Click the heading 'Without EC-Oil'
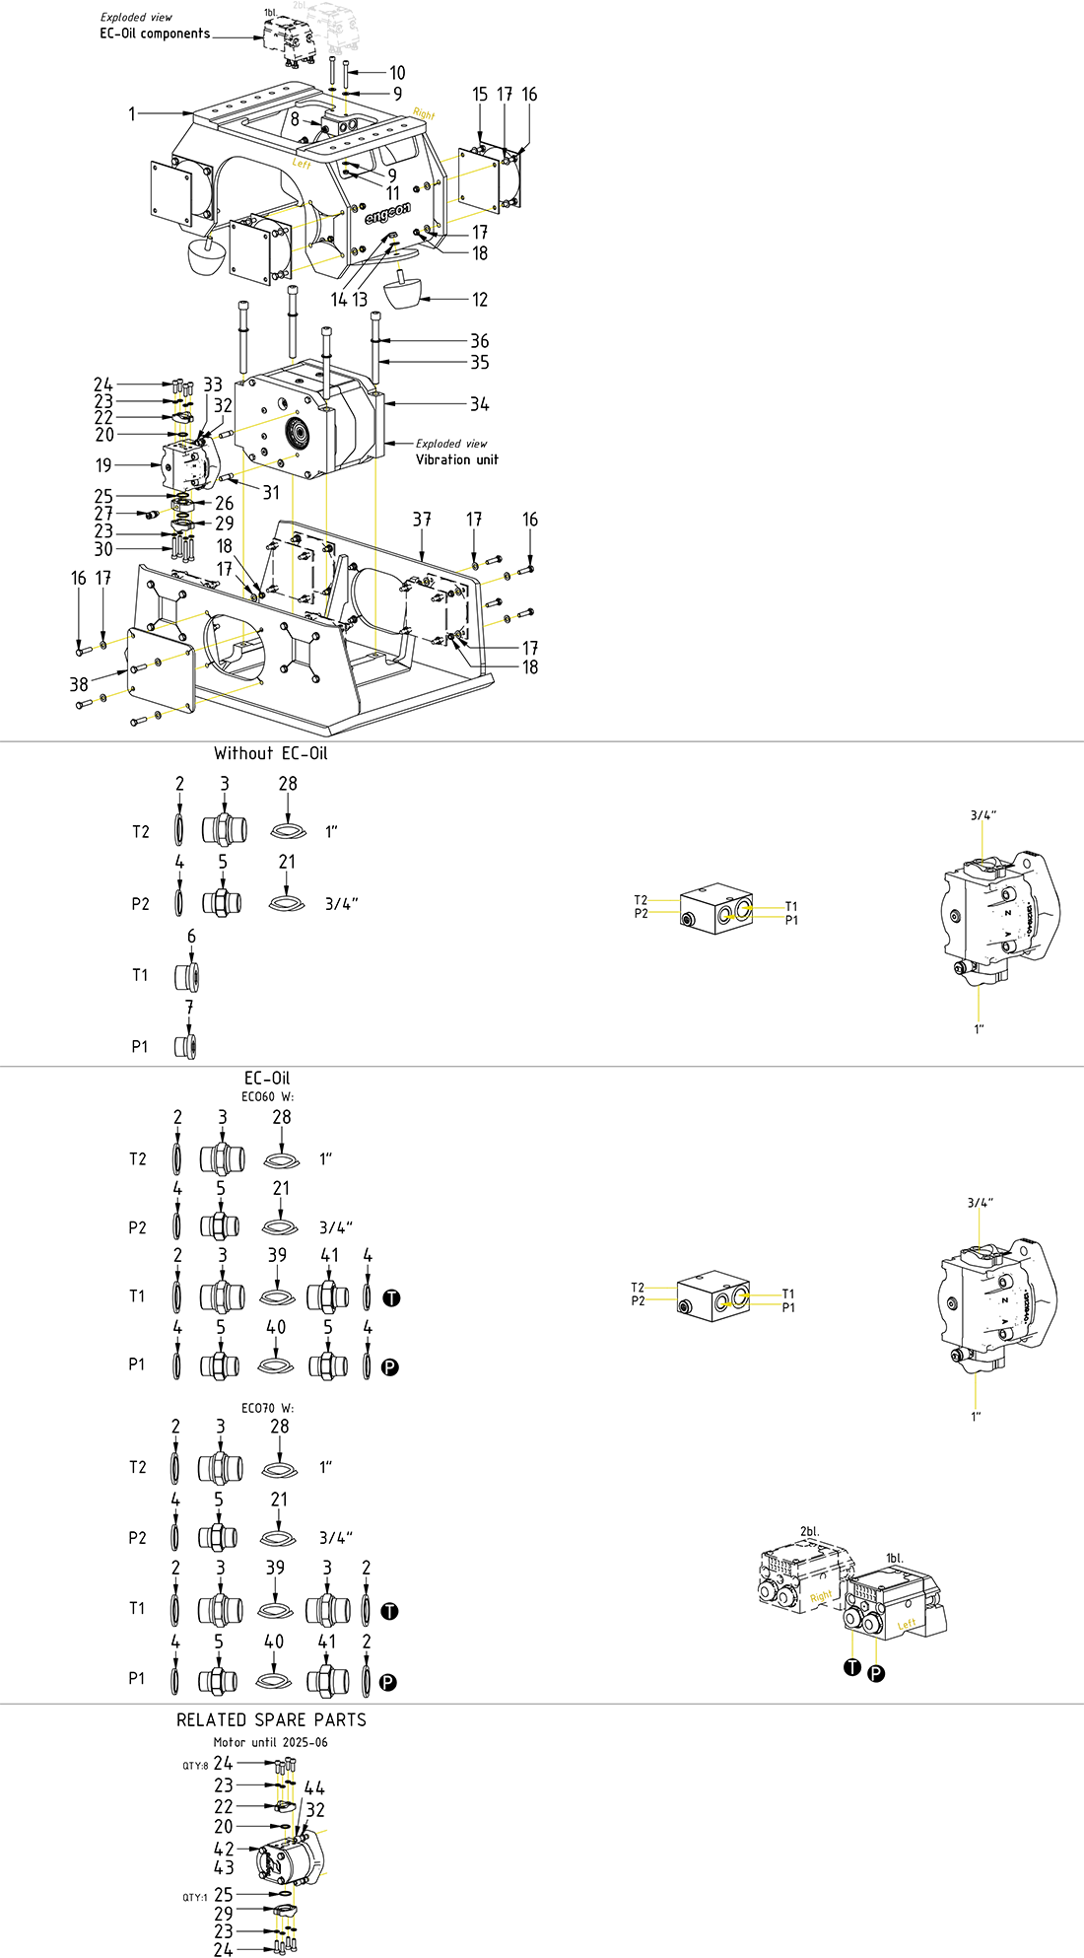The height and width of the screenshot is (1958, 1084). [270, 753]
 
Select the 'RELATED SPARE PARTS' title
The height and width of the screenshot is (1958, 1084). [271, 1719]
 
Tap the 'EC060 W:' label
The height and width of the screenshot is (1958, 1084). [267, 1096]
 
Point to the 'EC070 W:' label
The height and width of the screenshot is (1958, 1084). [267, 1408]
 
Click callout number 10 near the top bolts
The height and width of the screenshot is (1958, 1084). [397, 73]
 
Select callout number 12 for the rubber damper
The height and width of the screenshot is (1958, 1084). [480, 300]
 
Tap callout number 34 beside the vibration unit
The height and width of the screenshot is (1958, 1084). [479, 404]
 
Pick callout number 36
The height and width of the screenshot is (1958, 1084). [479, 341]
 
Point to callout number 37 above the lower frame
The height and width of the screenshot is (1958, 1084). [422, 520]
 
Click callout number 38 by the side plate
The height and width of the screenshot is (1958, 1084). [79, 684]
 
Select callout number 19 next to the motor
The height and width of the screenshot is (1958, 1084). [103, 465]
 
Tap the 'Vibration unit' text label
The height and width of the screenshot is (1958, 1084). [456, 459]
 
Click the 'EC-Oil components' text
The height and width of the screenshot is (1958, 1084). [155, 34]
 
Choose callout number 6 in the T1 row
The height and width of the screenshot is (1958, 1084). [191, 937]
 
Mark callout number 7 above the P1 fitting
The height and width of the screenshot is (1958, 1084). [189, 1007]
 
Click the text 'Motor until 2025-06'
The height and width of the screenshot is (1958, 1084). [270, 1742]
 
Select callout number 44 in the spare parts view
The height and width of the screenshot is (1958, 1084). [314, 1787]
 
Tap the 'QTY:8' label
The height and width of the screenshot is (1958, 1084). [194, 1765]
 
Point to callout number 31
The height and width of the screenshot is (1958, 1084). [271, 492]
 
